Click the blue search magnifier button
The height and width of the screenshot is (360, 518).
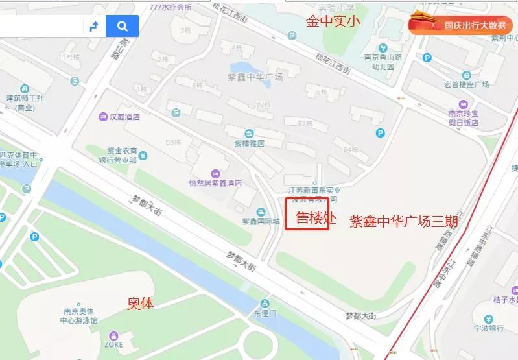pyautogui.click(x=122, y=26)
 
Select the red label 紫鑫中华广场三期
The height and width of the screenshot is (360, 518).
pyautogui.click(x=404, y=222)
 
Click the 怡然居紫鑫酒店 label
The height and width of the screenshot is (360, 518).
pyautogui.click(x=215, y=183)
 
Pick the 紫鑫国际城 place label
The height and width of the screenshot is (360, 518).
pyautogui.click(x=261, y=221)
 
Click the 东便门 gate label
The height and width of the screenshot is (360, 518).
pyautogui.click(x=265, y=313)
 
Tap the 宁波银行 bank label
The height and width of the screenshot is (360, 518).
pyautogui.click(x=488, y=328)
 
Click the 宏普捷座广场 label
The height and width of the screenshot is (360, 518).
pyautogui.click(x=467, y=84)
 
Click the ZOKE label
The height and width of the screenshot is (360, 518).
pyautogui.click(x=113, y=345)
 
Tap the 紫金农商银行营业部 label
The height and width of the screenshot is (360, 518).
pyautogui.click(x=120, y=156)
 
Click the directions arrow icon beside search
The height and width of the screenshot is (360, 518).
pyautogui.click(x=93, y=26)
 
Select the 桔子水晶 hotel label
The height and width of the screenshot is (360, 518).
pyautogui.click(x=505, y=300)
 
